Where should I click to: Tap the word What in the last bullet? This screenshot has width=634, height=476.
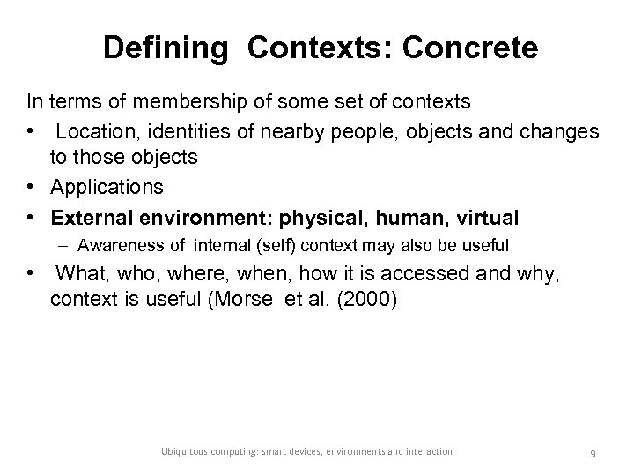click(78, 272)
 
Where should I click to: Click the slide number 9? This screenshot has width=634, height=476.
click(593, 453)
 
